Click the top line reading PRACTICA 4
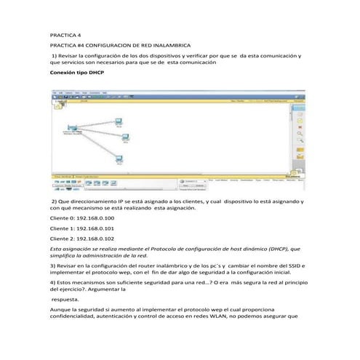(x=64, y=35)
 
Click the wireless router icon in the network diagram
(x=72, y=129)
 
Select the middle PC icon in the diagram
(x=124, y=139)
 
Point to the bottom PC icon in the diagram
(x=119, y=159)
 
